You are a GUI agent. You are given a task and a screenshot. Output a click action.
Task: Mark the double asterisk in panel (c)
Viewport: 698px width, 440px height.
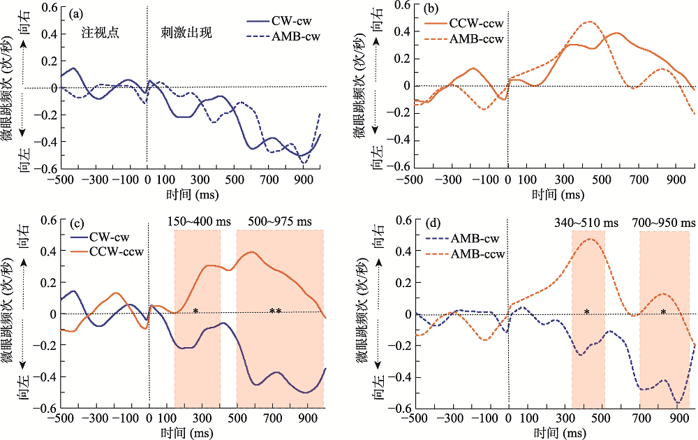pos(275,312)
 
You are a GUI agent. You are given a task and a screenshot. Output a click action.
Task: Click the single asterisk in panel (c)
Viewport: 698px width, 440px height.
pos(196,311)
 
